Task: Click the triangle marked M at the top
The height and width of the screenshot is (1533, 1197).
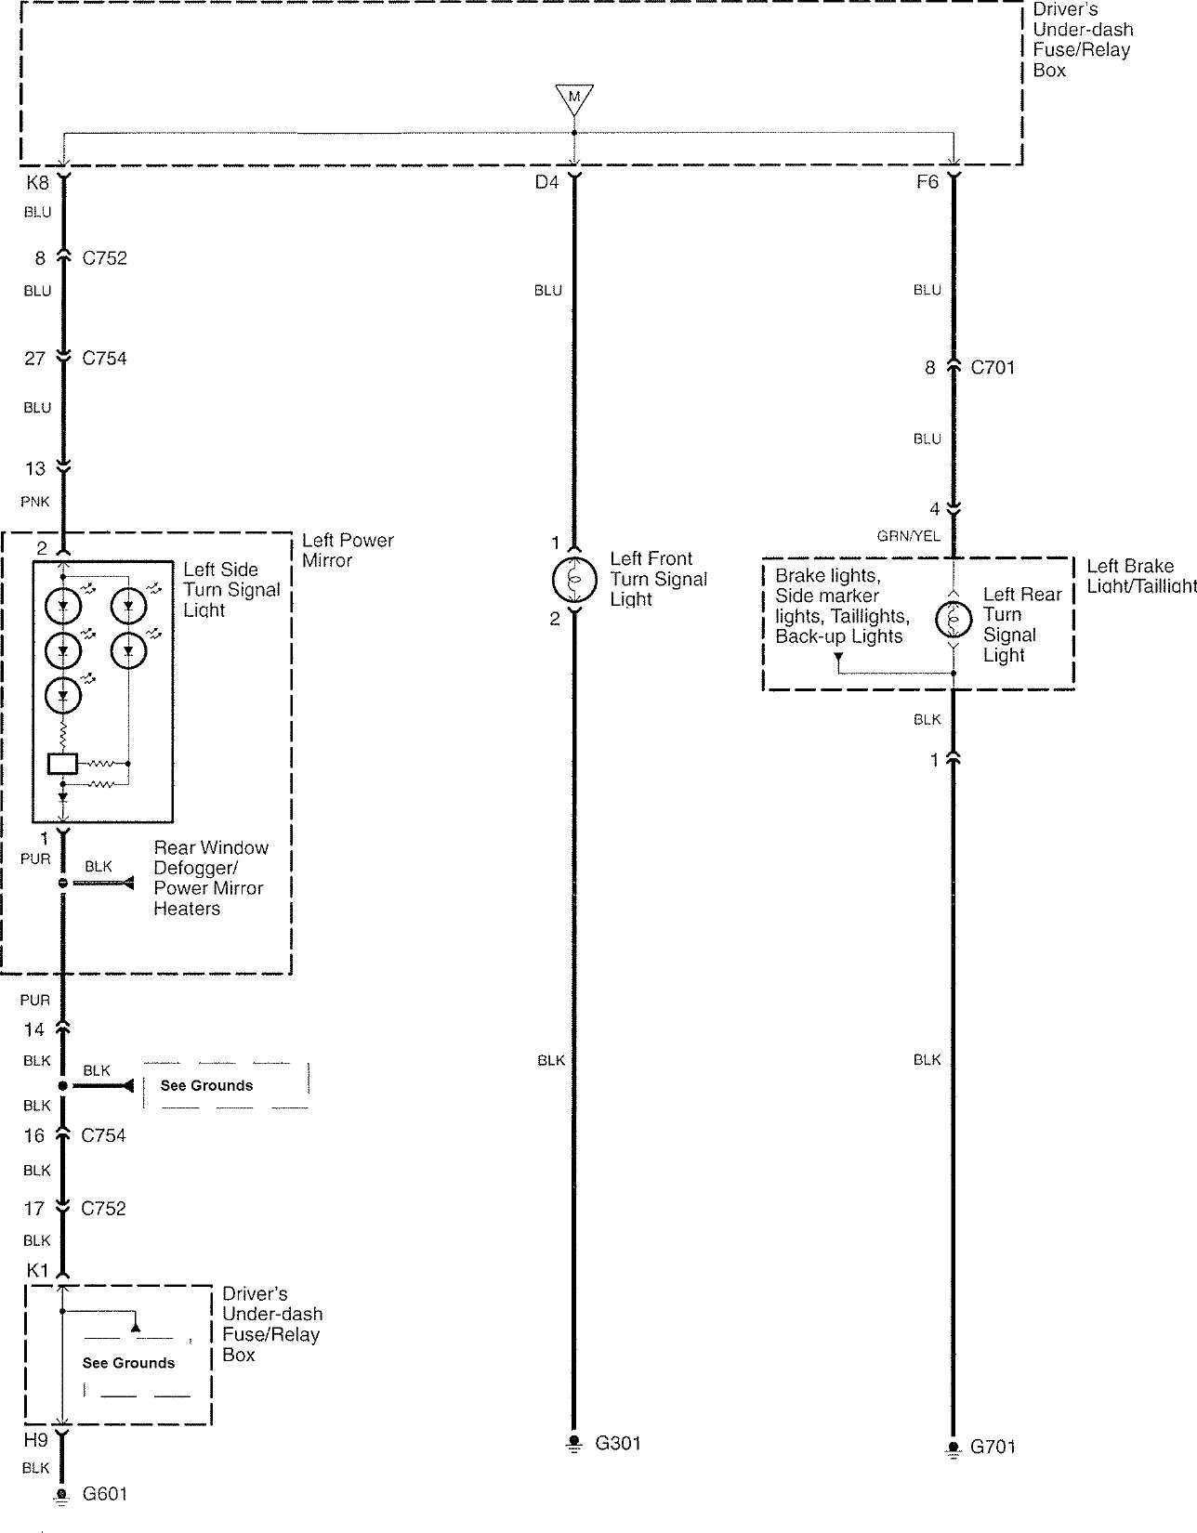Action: pos(574,98)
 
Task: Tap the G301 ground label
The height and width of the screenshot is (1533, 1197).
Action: pos(618,1444)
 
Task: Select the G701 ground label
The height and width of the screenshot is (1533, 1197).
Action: pos(993,1447)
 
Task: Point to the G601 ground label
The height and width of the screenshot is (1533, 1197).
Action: pos(104,1493)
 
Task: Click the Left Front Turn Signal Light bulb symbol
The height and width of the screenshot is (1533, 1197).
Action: pos(574,579)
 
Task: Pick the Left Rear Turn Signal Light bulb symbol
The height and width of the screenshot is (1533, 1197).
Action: pos(954,620)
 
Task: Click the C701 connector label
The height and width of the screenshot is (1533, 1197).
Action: pos(993,368)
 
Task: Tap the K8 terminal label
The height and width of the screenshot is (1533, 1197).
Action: pos(37,183)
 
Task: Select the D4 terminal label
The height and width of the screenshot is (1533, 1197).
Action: pos(546,183)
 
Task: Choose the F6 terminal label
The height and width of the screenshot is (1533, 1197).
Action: pos(927,182)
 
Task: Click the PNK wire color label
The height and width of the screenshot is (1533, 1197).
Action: pos(35,502)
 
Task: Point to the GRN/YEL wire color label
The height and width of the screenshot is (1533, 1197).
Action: pos(909,536)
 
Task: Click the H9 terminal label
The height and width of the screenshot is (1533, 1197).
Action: pos(36,1439)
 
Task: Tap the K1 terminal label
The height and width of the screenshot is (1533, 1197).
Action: pos(37,1271)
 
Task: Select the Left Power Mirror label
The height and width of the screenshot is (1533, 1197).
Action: pos(348,550)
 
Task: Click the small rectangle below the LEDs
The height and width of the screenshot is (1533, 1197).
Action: pos(62,764)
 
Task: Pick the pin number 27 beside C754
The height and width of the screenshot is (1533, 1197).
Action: pos(34,359)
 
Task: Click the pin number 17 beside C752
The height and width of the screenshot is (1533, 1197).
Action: pos(33,1209)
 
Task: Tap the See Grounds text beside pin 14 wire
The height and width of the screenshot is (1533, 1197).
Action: pos(206,1085)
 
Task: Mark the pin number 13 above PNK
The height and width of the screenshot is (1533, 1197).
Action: pos(35,468)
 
